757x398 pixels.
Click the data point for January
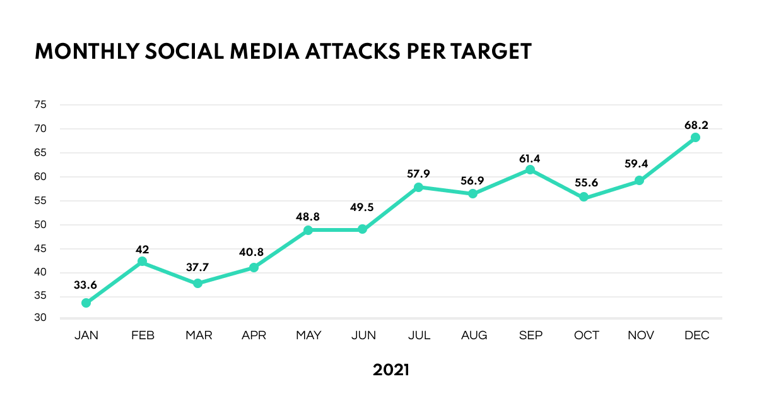click(x=86, y=303)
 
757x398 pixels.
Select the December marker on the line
click(x=695, y=138)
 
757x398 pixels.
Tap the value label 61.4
click(x=530, y=159)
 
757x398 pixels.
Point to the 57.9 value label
click(x=418, y=174)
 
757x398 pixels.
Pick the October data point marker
click(x=584, y=197)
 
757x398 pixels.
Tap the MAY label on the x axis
click(x=308, y=336)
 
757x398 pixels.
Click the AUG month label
click(x=474, y=336)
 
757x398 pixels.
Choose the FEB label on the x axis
click(x=142, y=336)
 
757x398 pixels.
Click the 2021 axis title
click(x=390, y=370)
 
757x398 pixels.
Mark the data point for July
click(x=418, y=187)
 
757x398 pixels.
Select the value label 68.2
click(x=696, y=125)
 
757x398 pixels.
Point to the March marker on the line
click(x=197, y=283)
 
